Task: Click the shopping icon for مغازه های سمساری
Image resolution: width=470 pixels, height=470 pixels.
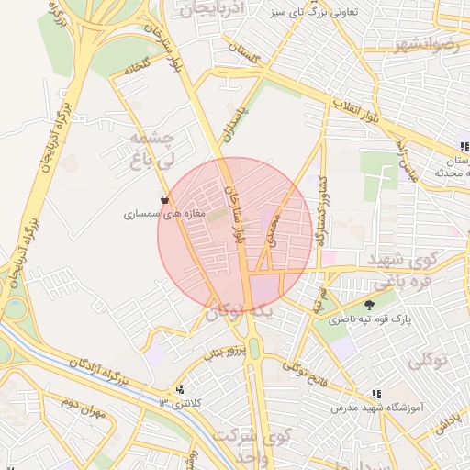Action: pyautogui.click(x=165, y=199)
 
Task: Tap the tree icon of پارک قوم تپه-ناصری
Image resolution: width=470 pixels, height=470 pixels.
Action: pyautogui.click(x=370, y=305)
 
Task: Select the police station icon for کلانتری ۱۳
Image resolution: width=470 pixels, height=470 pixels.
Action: pyautogui.click(x=180, y=389)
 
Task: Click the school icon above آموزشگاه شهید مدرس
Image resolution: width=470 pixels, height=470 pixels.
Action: pyautogui.click(x=376, y=393)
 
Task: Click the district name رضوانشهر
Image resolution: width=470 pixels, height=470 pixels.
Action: pyautogui.click(x=431, y=45)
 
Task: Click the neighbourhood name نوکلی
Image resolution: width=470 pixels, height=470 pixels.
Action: pyautogui.click(x=428, y=360)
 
